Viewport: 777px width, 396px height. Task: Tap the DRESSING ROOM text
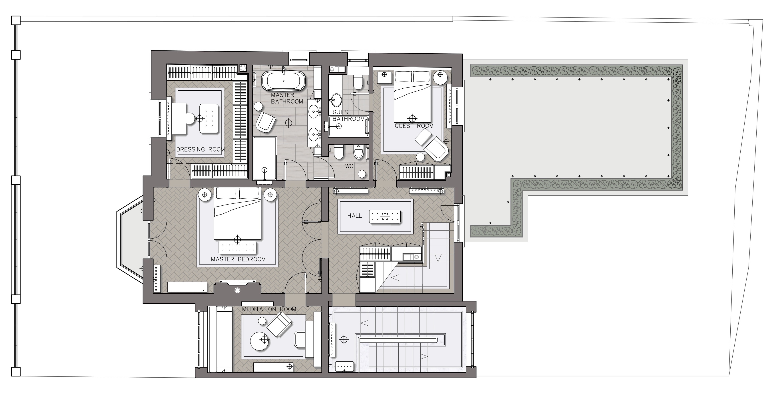coord(201,149)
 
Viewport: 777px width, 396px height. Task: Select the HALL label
coord(354,216)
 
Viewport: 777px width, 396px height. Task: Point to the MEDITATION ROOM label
coord(269,309)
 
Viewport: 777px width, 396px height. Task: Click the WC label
coord(349,166)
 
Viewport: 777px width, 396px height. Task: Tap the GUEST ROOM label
coord(414,126)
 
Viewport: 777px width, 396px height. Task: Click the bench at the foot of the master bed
coord(237,248)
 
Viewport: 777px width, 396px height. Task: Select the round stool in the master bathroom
coord(258,106)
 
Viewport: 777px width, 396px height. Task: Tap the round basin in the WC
coord(362,174)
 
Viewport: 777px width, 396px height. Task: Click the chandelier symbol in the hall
coord(385,217)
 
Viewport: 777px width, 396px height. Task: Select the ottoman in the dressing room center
coord(209,118)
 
